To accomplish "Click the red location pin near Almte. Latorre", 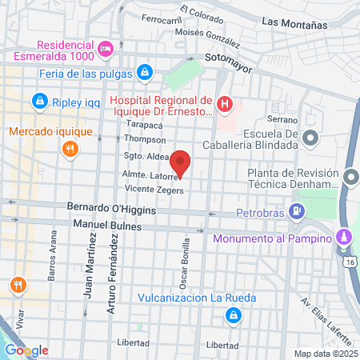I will (x=181, y=162).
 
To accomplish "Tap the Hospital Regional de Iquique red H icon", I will (x=226, y=104).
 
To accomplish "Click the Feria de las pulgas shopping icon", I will (x=143, y=72).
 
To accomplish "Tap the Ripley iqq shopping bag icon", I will (x=38, y=102).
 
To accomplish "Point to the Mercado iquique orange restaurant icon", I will (x=70, y=148).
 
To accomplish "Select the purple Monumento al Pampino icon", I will (x=343, y=238).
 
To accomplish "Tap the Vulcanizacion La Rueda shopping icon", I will (x=232, y=315).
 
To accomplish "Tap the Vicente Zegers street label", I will (x=154, y=190).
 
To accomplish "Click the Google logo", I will (x=26, y=350).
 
